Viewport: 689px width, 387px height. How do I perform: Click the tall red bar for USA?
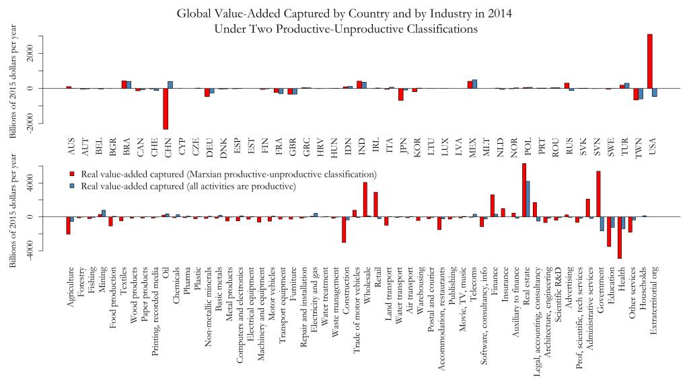pos(650,61)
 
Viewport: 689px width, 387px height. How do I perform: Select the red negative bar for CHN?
pos(166,108)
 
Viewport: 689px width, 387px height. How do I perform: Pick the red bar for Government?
pos(598,194)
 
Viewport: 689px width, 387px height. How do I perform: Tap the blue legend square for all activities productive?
pos(73,185)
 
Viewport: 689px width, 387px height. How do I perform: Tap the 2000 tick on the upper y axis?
pos(29,53)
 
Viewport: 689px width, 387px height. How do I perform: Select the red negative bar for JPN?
pos(401,94)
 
